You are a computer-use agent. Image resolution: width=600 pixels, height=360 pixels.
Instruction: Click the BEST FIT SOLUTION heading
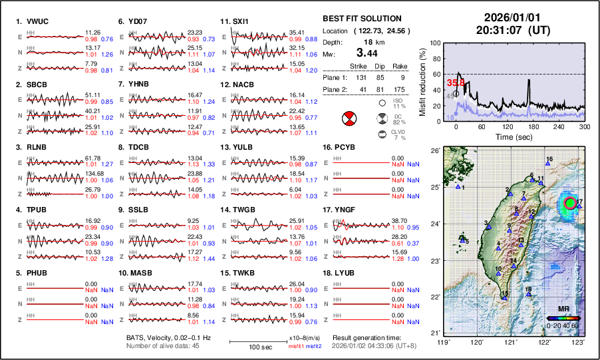pos(361,19)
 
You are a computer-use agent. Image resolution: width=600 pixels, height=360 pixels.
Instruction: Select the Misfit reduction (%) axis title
pos(422,81)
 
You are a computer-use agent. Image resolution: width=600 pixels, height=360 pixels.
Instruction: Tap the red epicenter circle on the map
pos(570,202)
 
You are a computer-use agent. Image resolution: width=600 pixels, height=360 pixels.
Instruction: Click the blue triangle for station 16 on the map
pos(547,163)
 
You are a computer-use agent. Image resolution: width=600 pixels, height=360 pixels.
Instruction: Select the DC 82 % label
pos(398,120)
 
